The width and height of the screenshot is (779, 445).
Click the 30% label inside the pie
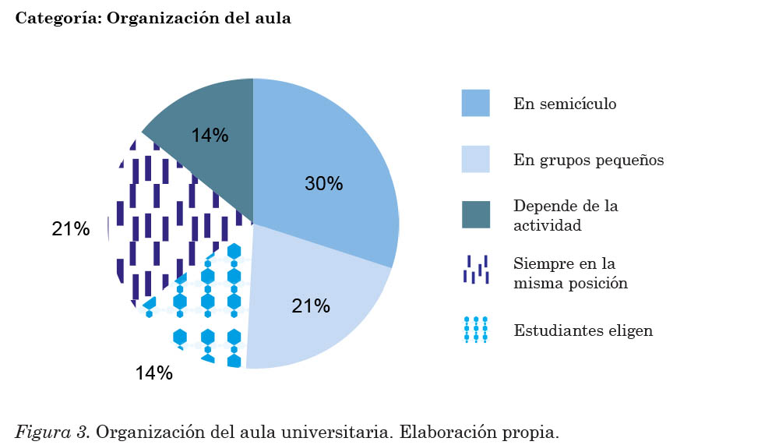click(323, 184)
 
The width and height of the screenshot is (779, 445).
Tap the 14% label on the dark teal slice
click(210, 136)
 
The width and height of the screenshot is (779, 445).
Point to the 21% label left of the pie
click(70, 229)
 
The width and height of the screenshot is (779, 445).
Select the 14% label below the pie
click(153, 373)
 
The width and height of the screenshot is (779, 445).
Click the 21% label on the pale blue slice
click(311, 306)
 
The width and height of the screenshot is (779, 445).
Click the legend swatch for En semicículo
click(475, 103)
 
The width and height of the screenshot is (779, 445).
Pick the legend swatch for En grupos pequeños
click(475, 159)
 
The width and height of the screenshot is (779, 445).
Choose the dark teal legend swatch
click(475, 215)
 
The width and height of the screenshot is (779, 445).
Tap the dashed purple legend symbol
click(475, 270)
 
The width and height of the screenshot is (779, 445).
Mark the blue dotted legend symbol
click(475, 330)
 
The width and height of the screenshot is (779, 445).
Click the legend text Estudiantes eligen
click(583, 330)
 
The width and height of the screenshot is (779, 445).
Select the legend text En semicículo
click(564, 104)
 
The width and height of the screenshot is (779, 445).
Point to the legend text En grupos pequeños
click(588, 161)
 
